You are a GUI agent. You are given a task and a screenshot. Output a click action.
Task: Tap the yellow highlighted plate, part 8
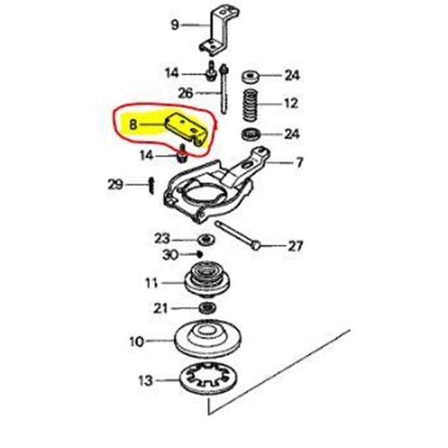pos(187,128)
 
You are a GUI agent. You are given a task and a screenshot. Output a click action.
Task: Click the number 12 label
pos(292,103)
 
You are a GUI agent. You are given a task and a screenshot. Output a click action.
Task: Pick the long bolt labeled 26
pos(223,93)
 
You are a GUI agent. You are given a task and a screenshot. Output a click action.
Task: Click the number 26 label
pos(186,93)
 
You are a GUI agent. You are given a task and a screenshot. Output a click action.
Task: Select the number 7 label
pos(298,164)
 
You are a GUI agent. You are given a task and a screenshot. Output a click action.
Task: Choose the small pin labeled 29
pos(150,185)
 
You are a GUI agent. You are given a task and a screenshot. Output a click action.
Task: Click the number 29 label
pos(115,186)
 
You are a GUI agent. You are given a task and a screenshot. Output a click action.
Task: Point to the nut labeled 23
pos(207,240)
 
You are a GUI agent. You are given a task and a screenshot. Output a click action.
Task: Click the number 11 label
pos(152,282)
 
